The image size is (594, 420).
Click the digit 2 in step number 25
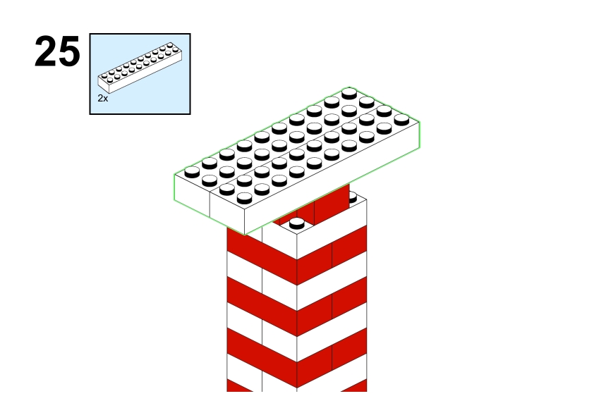click(x=46, y=51)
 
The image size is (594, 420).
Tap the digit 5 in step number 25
click(x=69, y=52)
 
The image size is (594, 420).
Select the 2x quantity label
click(x=103, y=99)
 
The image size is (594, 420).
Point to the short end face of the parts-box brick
click(x=104, y=84)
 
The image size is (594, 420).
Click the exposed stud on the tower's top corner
click(x=296, y=223)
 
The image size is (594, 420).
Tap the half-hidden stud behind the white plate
click(x=353, y=197)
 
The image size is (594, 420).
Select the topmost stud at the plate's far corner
click(x=349, y=93)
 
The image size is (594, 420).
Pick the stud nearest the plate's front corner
click(x=244, y=198)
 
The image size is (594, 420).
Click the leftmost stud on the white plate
click(x=192, y=172)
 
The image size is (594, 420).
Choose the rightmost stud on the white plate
click(x=401, y=120)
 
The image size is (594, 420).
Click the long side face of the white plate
click(x=332, y=178)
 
